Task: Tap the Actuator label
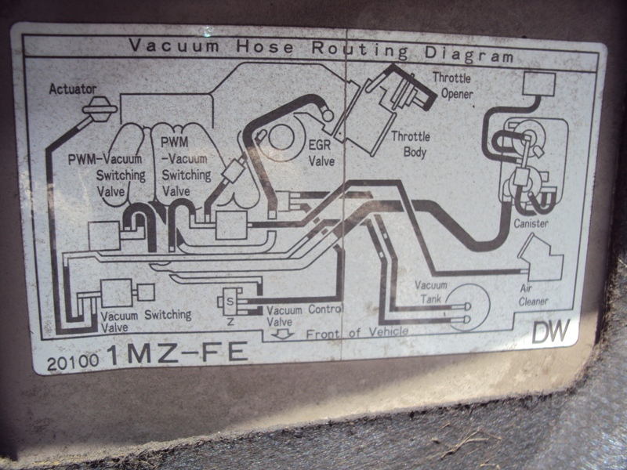click(72, 89)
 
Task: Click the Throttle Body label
click(409, 143)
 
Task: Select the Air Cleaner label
click(533, 294)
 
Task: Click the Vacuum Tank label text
click(431, 291)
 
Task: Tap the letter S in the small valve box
click(230, 302)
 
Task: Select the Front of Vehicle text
click(357, 332)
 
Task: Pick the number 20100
click(73, 361)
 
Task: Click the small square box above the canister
click(539, 82)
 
